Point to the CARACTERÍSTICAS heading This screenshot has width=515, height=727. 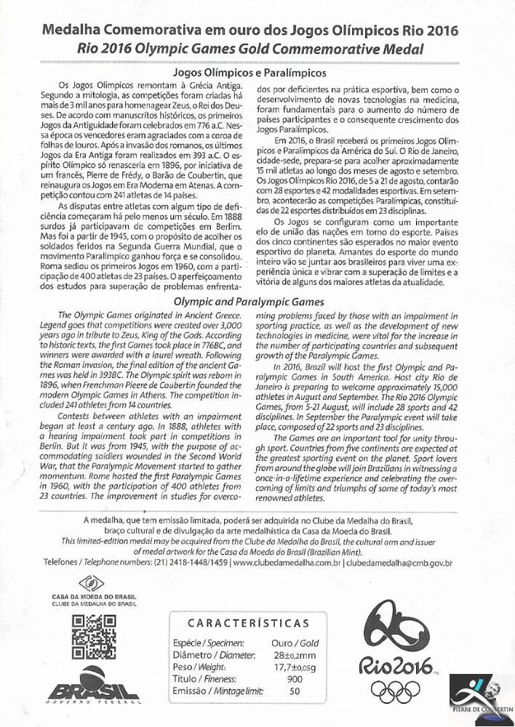248,623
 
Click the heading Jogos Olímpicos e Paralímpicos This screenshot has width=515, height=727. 247,73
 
